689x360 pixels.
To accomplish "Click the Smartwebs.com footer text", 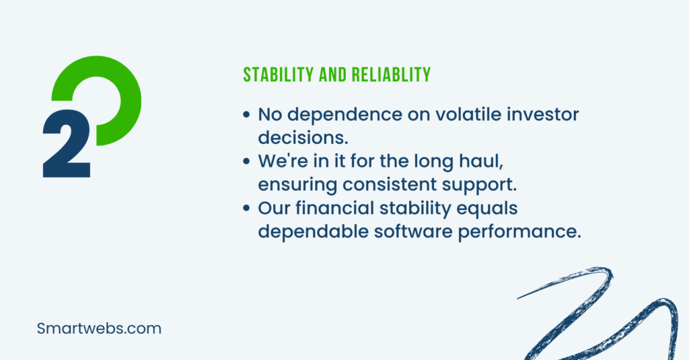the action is tap(99, 328).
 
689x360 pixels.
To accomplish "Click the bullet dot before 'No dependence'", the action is tap(246, 114).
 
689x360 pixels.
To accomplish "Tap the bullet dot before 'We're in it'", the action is tap(246, 161).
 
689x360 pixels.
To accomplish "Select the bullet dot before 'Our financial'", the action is tap(246, 208).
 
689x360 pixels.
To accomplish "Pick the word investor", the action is tap(543, 114).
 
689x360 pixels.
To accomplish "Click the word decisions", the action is tap(303, 137).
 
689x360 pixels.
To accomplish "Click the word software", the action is tap(413, 231).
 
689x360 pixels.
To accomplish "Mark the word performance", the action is tap(519, 231).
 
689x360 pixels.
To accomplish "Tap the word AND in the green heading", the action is tap(333, 75).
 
